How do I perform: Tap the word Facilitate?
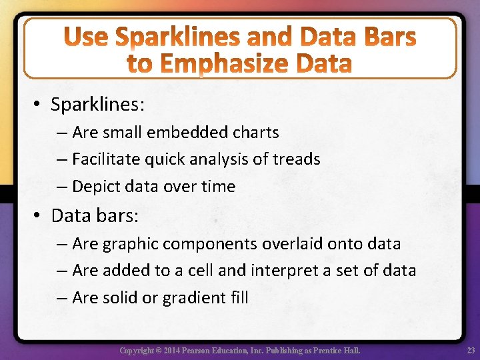coord(107,159)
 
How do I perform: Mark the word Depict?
coord(94,187)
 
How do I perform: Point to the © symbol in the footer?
coord(157,351)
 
